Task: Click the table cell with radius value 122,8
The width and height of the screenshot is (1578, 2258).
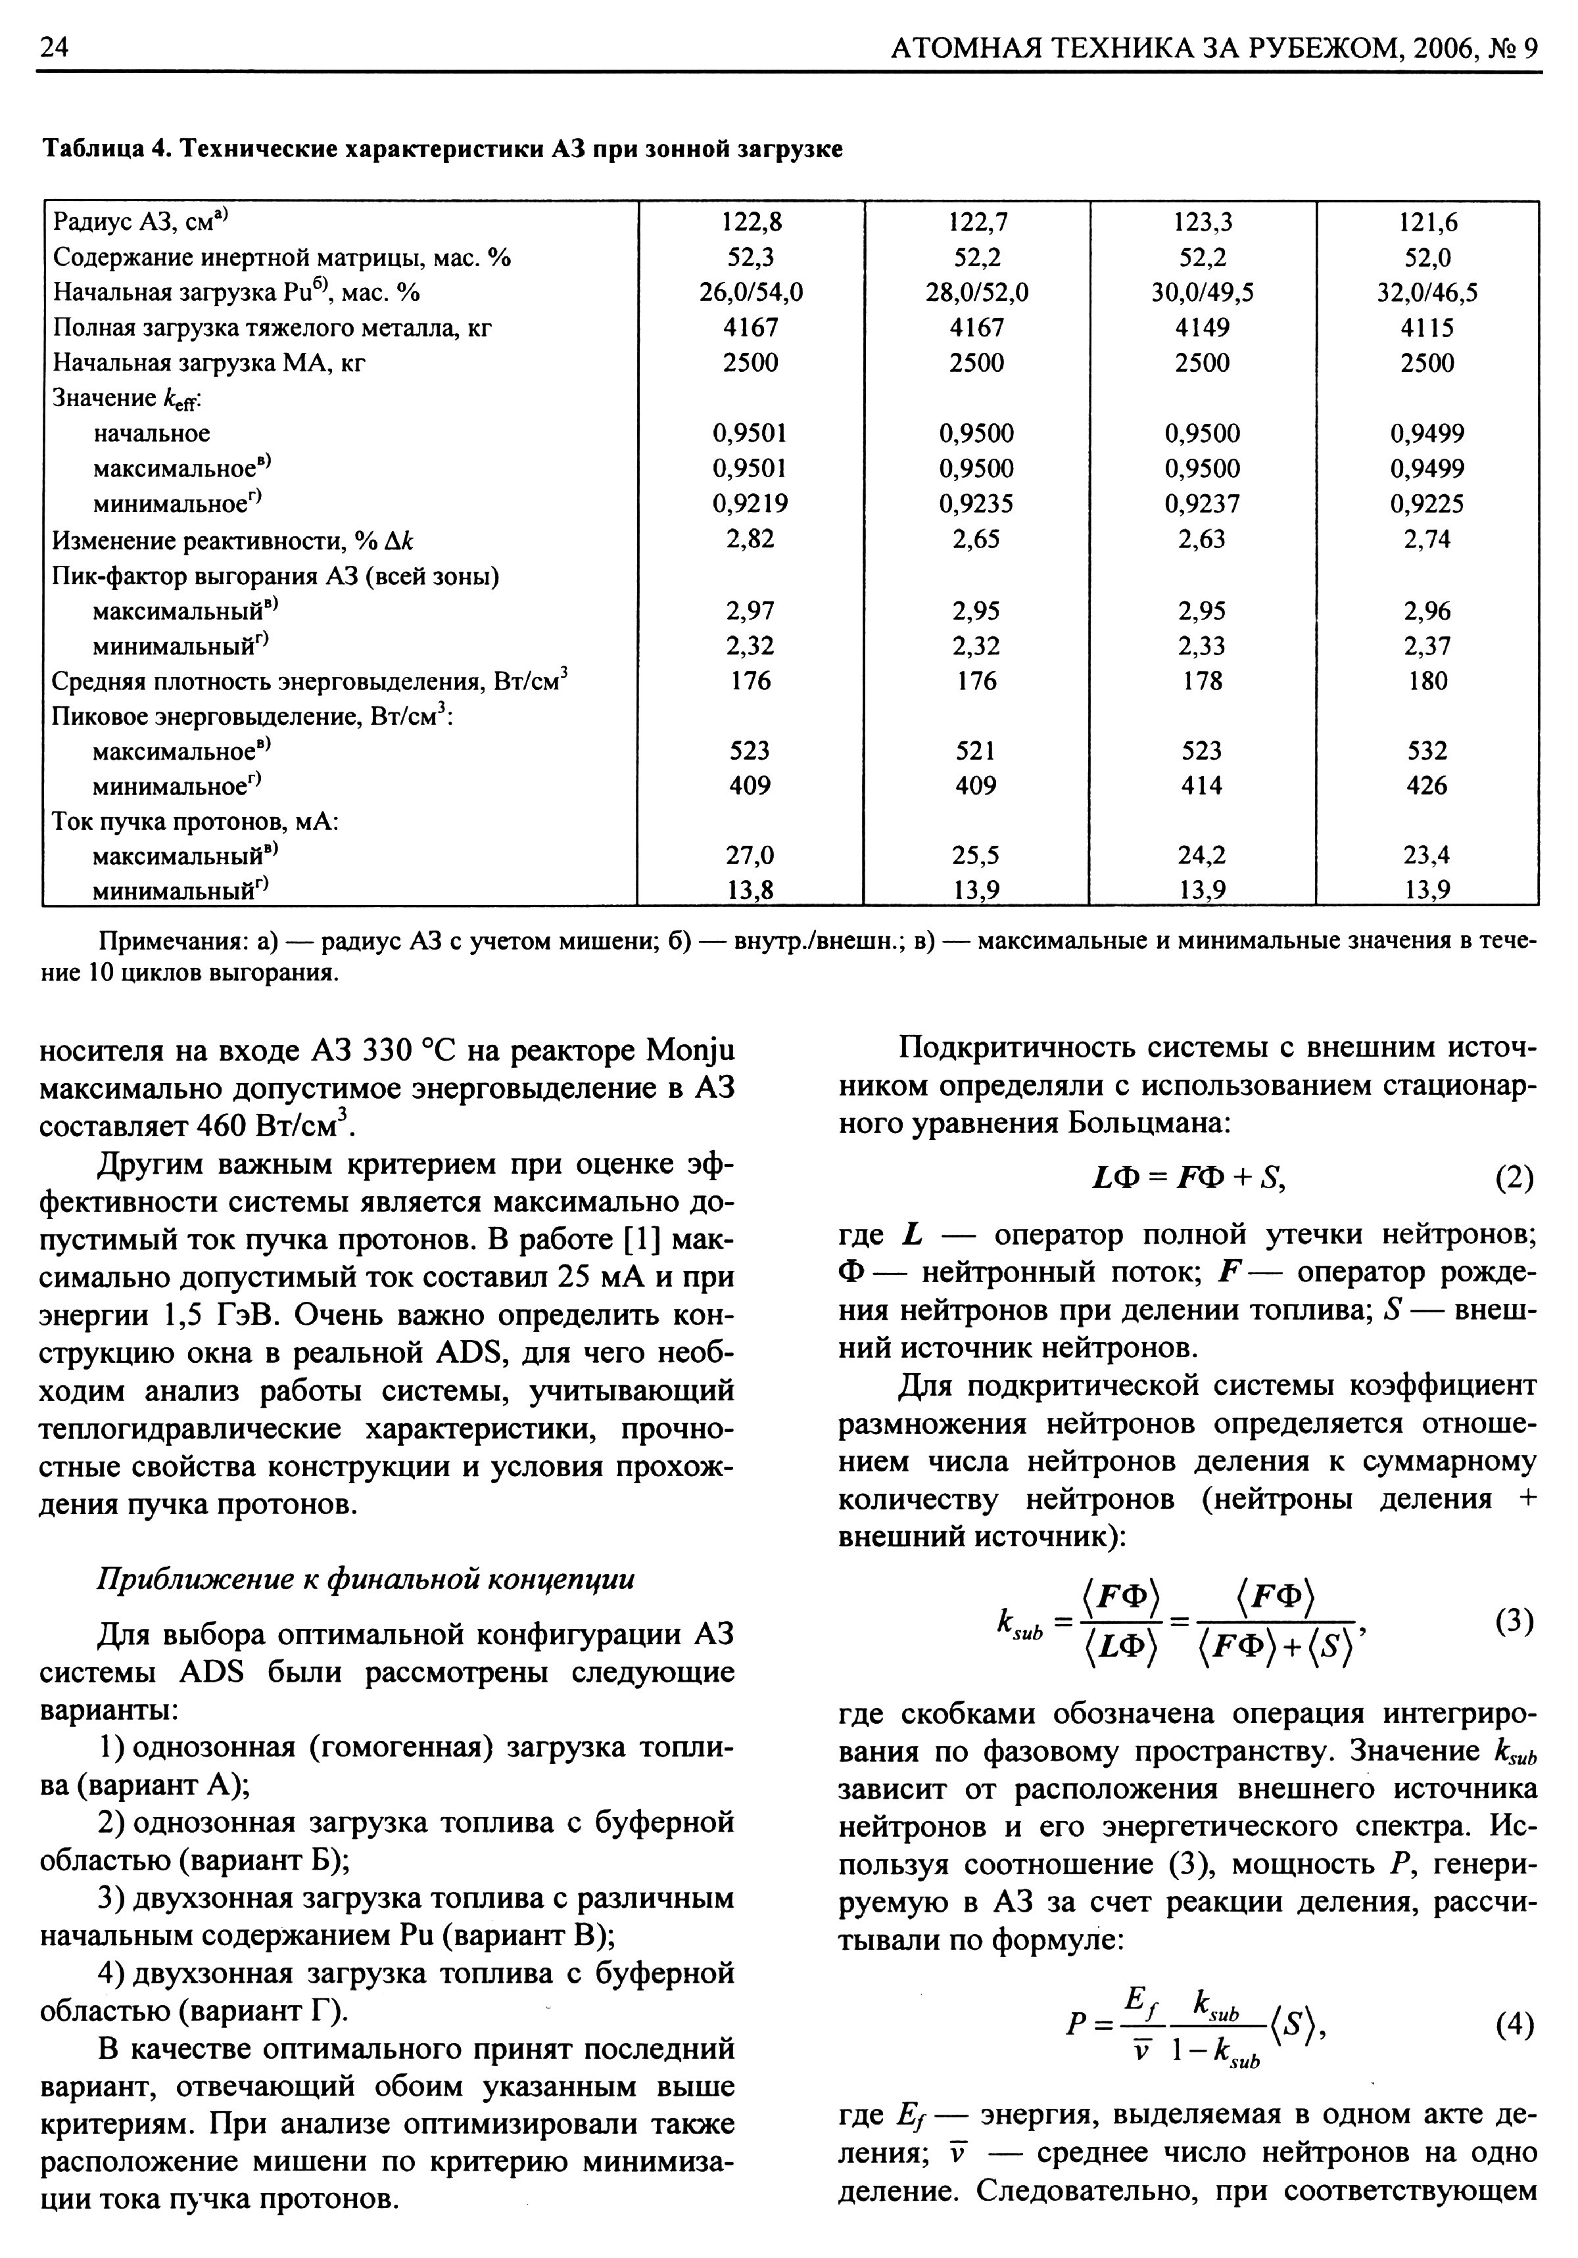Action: point(751,222)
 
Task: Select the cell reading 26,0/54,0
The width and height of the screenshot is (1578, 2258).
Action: point(751,293)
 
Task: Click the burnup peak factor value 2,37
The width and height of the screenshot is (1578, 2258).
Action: point(1427,646)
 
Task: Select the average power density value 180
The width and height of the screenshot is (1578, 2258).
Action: point(1427,681)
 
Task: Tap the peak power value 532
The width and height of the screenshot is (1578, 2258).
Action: point(1427,751)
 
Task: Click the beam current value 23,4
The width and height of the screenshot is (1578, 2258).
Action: point(1427,856)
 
